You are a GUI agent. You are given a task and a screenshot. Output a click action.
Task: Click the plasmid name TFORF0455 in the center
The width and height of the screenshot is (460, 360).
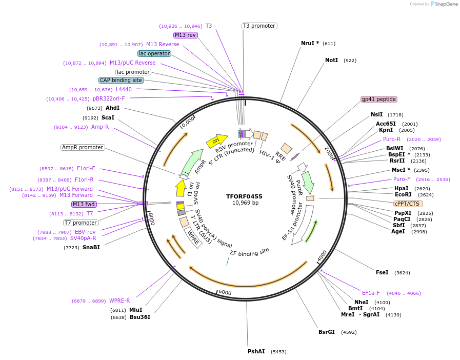[244, 196]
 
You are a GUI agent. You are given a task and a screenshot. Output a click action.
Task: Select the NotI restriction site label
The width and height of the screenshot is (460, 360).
[331, 61]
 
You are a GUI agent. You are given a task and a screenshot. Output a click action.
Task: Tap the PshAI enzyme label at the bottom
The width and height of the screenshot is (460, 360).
[256, 351]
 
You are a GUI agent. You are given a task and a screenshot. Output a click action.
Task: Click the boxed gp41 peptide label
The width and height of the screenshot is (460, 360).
[379, 99]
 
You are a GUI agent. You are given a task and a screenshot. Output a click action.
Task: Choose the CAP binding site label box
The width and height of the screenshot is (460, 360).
[121, 80]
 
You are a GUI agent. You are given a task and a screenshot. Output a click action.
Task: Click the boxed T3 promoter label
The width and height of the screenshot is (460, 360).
[259, 26]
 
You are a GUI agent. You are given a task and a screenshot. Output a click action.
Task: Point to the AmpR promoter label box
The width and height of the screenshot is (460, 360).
[83, 147]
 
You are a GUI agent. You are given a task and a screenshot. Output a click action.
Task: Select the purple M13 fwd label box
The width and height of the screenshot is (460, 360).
[84, 204]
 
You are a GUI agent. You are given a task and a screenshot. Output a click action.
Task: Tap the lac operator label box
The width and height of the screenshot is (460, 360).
[154, 53]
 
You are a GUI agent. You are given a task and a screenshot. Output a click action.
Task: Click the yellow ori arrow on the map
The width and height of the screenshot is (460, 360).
[216, 140]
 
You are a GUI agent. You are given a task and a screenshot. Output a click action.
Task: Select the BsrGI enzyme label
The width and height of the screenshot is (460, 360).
[327, 332]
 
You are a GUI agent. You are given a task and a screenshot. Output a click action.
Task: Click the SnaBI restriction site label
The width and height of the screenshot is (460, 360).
[91, 247]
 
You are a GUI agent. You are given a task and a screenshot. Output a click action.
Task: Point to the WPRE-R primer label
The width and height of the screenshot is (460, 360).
[119, 301]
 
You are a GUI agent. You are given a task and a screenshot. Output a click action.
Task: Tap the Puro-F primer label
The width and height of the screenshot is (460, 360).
[402, 179]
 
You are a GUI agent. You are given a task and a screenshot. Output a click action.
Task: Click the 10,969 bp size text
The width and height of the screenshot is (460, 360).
[245, 203]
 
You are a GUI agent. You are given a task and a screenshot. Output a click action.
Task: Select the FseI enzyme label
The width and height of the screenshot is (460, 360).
[382, 272]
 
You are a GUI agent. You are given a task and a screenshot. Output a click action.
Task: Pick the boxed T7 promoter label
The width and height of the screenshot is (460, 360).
[81, 223]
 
